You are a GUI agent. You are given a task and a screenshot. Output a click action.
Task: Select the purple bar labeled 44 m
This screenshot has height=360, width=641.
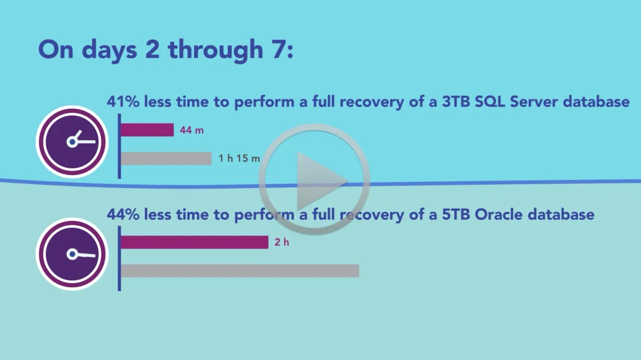(147, 130)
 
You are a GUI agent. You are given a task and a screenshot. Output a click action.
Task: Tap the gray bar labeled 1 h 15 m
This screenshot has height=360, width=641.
(166, 159)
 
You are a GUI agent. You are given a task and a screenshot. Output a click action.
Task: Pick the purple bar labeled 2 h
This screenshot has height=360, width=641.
(195, 242)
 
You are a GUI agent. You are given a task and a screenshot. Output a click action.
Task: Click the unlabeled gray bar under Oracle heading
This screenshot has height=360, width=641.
(240, 271)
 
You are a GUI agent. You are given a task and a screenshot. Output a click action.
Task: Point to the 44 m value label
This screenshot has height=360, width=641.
(192, 130)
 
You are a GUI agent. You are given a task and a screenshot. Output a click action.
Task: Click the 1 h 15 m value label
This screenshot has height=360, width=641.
(239, 159)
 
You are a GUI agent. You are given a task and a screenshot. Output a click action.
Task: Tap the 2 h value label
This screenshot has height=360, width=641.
(282, 242)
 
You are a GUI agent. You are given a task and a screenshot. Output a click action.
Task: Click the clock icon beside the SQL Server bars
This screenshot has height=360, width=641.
(72, 142)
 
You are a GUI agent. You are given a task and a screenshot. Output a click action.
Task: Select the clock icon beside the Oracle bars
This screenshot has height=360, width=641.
(72, 254)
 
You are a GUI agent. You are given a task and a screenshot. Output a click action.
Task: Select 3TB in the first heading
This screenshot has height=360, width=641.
(456, 102)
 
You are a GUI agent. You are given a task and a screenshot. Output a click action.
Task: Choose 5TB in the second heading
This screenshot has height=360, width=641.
(456, 214)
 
